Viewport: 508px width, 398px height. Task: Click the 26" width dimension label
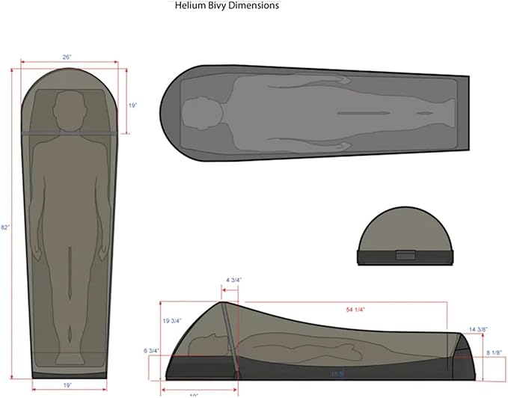pyautogui.click(x=67, y=56)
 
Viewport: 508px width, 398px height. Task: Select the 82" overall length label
pyautogui.click(x=6, y=227)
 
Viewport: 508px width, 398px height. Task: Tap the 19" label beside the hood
pyautogui.click(x=132, y=107)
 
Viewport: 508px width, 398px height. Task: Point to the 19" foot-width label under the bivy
pyautogui.click(x=67, y=387)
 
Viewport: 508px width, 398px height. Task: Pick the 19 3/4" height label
pyautogui.click(x=173, y=320)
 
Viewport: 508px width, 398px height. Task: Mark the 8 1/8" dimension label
pyautogui.click(x=494, y=352)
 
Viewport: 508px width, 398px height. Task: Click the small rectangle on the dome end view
pyautogui.click(x=406, y=255)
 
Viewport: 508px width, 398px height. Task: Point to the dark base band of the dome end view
pyautogui.click(x=406, y=259)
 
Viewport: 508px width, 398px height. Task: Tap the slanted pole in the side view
pyautogui.click(x=230, y=337)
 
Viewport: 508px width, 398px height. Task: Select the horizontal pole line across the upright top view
pyautogui.click(x=70, y=132)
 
